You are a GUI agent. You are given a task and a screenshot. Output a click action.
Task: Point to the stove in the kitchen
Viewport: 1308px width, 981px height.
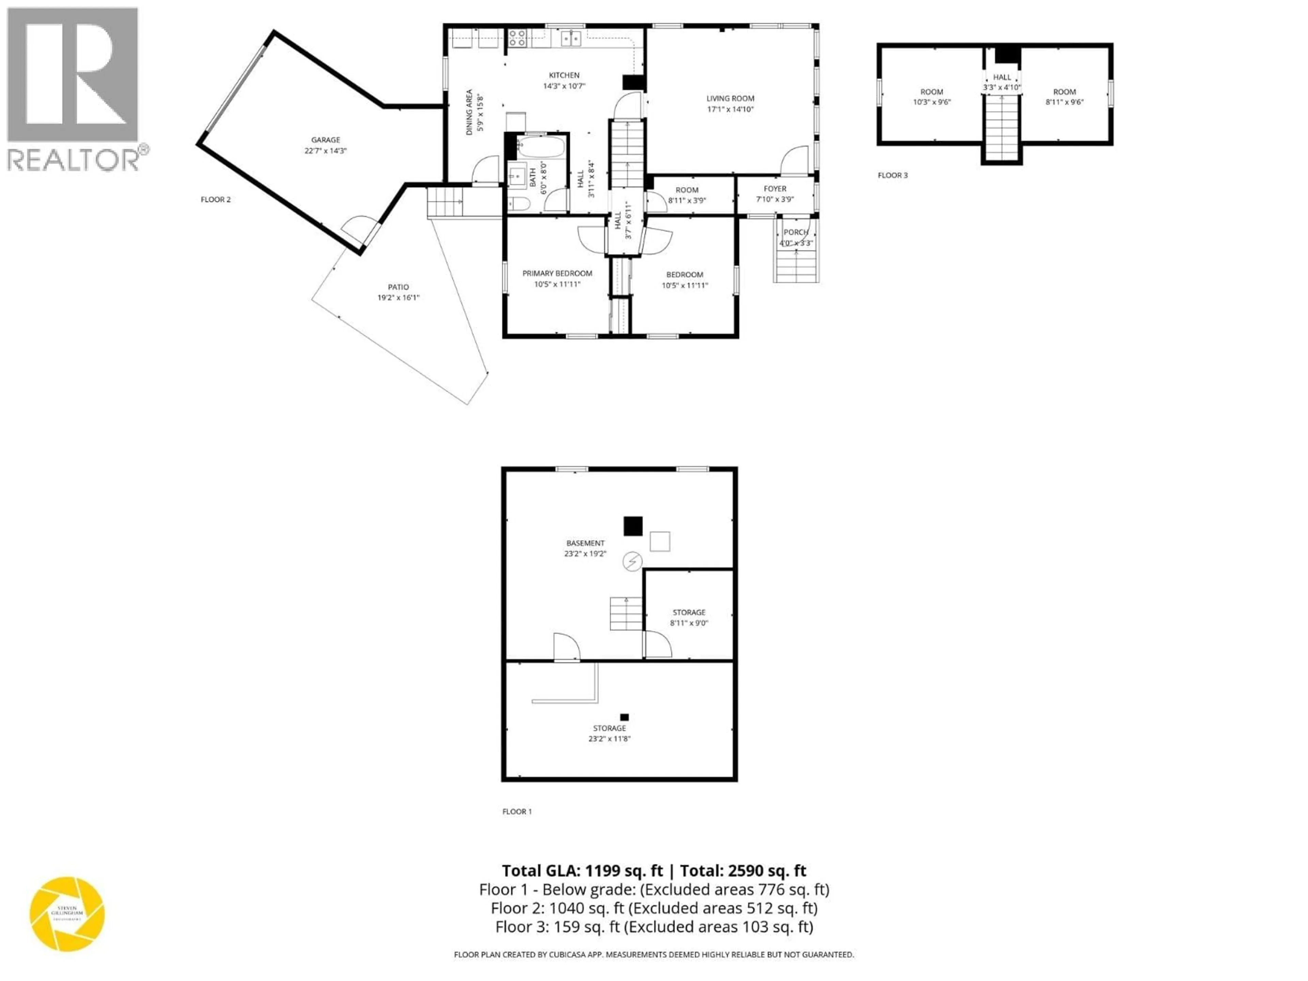coord(517,38)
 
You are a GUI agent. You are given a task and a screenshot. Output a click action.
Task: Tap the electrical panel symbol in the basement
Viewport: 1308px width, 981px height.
coord(632,561)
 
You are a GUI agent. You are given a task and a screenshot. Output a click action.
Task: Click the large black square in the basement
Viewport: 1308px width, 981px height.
coord(633,526)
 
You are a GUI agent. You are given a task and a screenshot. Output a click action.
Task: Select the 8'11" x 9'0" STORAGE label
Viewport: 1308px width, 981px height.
coord(689,612)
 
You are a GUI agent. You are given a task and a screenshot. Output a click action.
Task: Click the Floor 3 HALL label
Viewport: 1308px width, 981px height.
coord(1002,77)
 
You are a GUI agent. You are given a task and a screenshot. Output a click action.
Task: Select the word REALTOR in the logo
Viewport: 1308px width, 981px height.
coord(73,160)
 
